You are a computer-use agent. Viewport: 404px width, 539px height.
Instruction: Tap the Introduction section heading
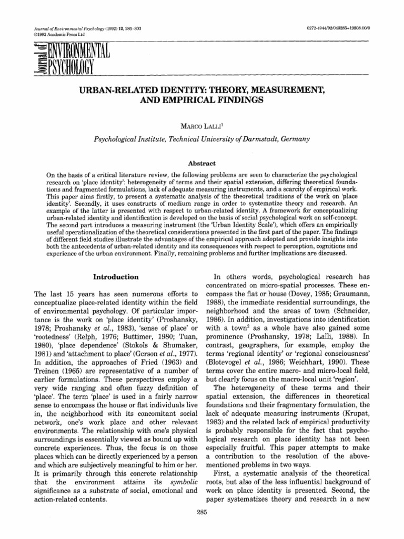point(116,276)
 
